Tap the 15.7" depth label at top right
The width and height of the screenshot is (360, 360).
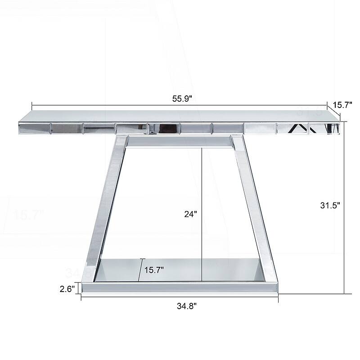342,105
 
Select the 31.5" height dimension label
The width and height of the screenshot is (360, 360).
330,205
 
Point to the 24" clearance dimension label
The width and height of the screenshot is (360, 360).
191,214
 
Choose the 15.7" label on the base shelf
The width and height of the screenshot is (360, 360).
154,270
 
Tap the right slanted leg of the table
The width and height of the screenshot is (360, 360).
252,202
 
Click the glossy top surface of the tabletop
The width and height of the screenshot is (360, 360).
180,116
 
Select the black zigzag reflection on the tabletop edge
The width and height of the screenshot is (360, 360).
299,129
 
